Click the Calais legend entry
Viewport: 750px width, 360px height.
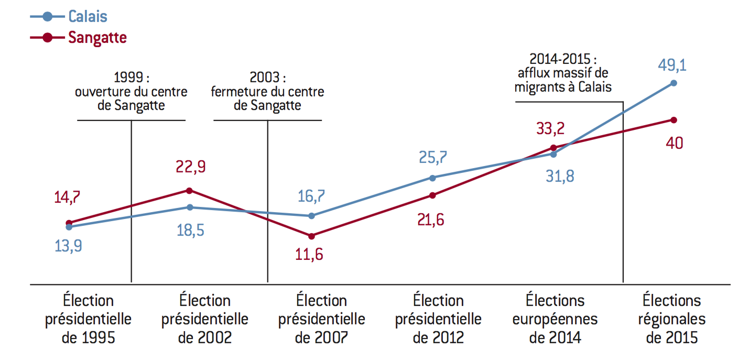pos(69,16)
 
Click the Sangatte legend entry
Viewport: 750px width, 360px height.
pos(78,38)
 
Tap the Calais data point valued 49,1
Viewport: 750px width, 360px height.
pos(673,83)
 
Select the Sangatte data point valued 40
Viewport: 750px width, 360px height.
pos(673,120)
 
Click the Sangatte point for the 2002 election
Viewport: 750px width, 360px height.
pos(189,191)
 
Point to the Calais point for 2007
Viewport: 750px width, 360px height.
pos(311,216)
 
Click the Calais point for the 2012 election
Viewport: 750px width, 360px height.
pos(432,178)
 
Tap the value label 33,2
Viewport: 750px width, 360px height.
pos(550,128)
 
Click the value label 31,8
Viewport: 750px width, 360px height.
pos(560,176)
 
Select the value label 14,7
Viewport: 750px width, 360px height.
pos(67,197)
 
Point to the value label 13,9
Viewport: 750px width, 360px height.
pos(68,246)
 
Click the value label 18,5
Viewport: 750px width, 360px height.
pos(190,231)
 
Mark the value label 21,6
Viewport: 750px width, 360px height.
pos(431,220)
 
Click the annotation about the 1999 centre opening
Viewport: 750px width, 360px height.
pos(131,91)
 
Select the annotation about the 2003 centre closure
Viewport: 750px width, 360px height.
pos(267,91)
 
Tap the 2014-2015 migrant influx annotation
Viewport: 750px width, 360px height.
pos(563,73)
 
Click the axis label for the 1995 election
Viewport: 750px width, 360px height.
pos(89,319)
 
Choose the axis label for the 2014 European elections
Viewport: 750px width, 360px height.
pos(555,319)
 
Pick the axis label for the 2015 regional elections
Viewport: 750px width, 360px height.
pos(672,319)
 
